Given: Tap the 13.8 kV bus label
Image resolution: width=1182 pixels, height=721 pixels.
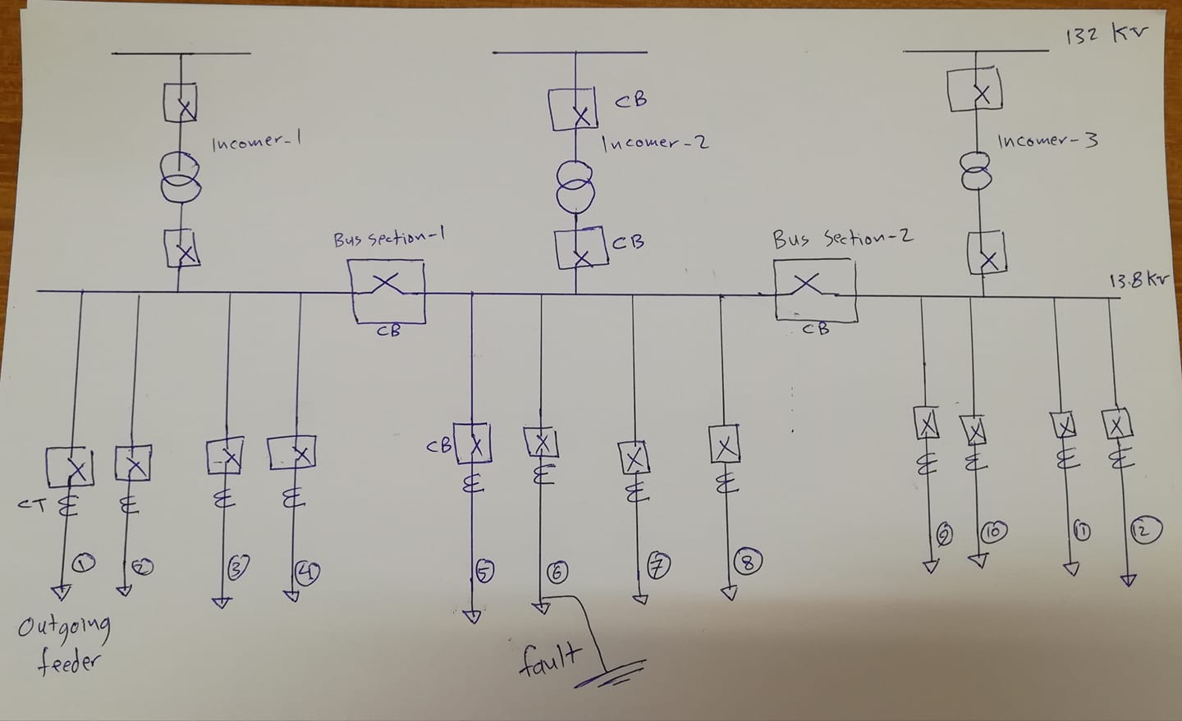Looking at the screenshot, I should [x=1138, y=281].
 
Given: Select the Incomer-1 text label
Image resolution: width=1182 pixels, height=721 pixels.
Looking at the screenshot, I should [x=256, y=144].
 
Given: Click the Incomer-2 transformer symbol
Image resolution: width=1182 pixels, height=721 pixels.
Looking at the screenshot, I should [x=576, y=186].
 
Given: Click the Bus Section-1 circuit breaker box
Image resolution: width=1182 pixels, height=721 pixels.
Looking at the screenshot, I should [x=387, y=291].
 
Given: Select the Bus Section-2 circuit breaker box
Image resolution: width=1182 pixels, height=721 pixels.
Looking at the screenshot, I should [x=814, y=291].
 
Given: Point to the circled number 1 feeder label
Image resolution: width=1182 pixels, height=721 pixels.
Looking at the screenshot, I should [x=84, y=562].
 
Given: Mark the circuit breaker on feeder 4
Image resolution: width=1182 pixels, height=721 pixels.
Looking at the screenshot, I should [x=292, y=453].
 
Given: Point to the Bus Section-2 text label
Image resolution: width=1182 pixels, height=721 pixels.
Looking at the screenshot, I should [x=843, y=239].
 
